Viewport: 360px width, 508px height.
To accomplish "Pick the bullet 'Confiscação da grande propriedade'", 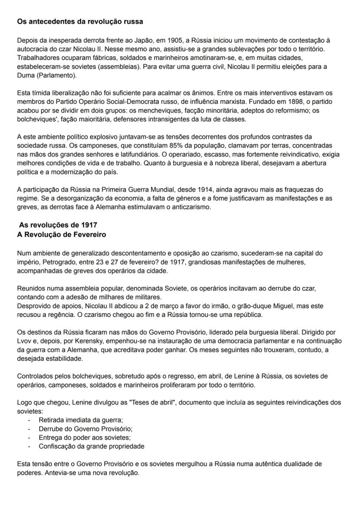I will coord(92,446).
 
